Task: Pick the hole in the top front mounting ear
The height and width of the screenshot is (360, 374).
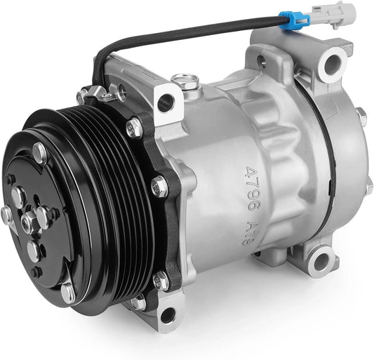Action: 166,103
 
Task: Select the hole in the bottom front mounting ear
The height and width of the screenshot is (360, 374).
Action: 169,316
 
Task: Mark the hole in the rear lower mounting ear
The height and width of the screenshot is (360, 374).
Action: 321,263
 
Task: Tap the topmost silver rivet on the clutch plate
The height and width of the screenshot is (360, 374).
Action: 41,150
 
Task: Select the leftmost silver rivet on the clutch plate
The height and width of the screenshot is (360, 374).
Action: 8,215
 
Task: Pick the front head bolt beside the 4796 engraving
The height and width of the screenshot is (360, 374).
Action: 159,187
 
